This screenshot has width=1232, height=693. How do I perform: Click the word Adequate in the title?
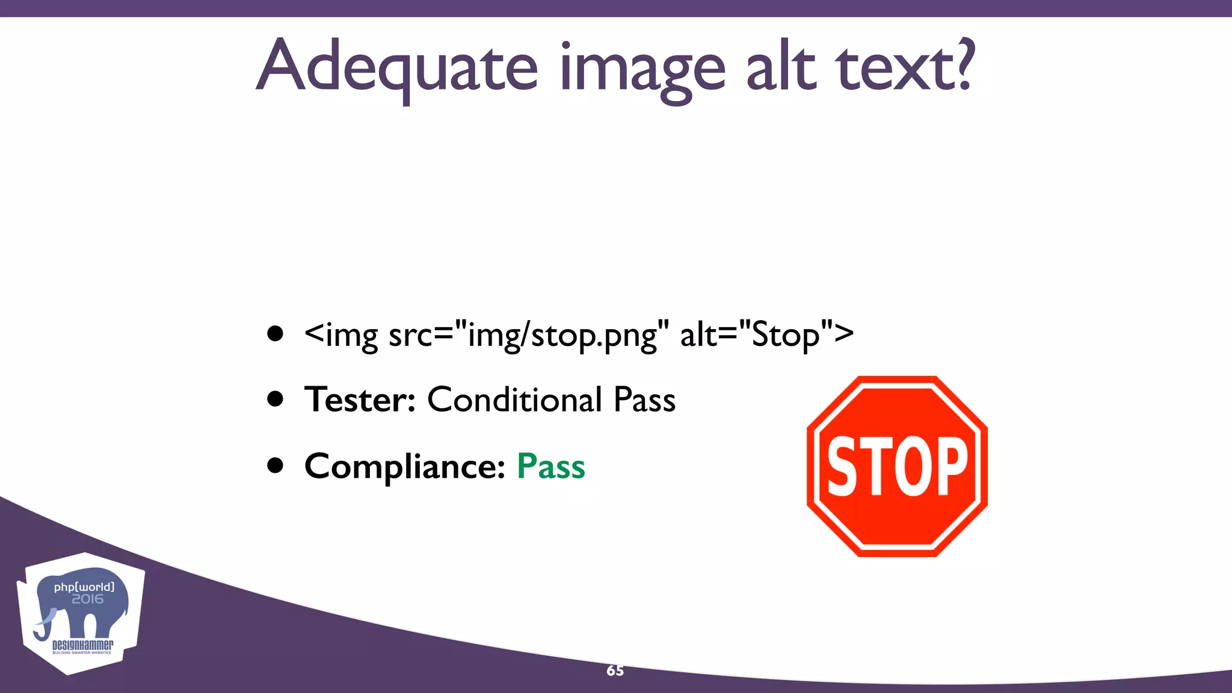[x=397, y=66]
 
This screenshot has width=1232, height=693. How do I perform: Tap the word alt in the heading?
[x=781, y=66]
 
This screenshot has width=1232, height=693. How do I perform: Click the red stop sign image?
[x=897, y=466]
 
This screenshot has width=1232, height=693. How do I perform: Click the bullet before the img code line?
[x=276, y=334]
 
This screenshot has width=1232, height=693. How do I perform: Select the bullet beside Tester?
[x=276, y=399]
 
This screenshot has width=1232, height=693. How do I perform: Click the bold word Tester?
[x=360, y=399]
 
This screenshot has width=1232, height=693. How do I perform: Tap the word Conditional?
[x=515, y=399]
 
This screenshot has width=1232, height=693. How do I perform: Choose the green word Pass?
[x=551, y=466]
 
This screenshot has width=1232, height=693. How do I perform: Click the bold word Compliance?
[x=405, y=466]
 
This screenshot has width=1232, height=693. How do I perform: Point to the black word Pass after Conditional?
[x=644, y=399]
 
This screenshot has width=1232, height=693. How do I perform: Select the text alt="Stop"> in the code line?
[x=766, y=334]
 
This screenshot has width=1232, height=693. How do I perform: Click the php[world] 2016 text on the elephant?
[x=85, y=593]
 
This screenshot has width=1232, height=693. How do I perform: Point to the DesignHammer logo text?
[x=82, y=645]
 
